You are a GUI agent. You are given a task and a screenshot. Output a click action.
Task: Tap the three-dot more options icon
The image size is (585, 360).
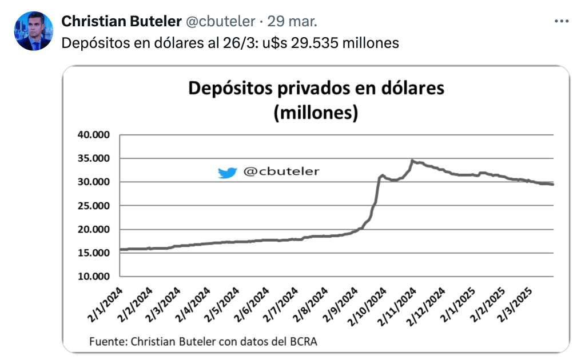(x=562, y=21)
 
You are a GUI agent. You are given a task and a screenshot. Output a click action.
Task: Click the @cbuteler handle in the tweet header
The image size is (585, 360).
(x=220, y=22)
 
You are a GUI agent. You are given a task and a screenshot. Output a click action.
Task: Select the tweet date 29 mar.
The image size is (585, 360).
(x=292, y=22)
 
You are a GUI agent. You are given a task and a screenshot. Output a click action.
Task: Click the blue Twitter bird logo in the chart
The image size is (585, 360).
(x=227, y=172)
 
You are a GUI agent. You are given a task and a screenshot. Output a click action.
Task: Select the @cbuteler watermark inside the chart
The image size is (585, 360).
(x=281, y=171)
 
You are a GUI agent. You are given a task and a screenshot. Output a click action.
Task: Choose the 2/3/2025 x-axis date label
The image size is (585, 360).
(x=517, y=306)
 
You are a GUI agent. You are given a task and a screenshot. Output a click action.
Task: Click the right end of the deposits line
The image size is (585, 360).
(x=552, y=184)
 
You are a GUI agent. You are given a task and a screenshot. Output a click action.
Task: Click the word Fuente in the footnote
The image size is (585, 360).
(x=108, y=342)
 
